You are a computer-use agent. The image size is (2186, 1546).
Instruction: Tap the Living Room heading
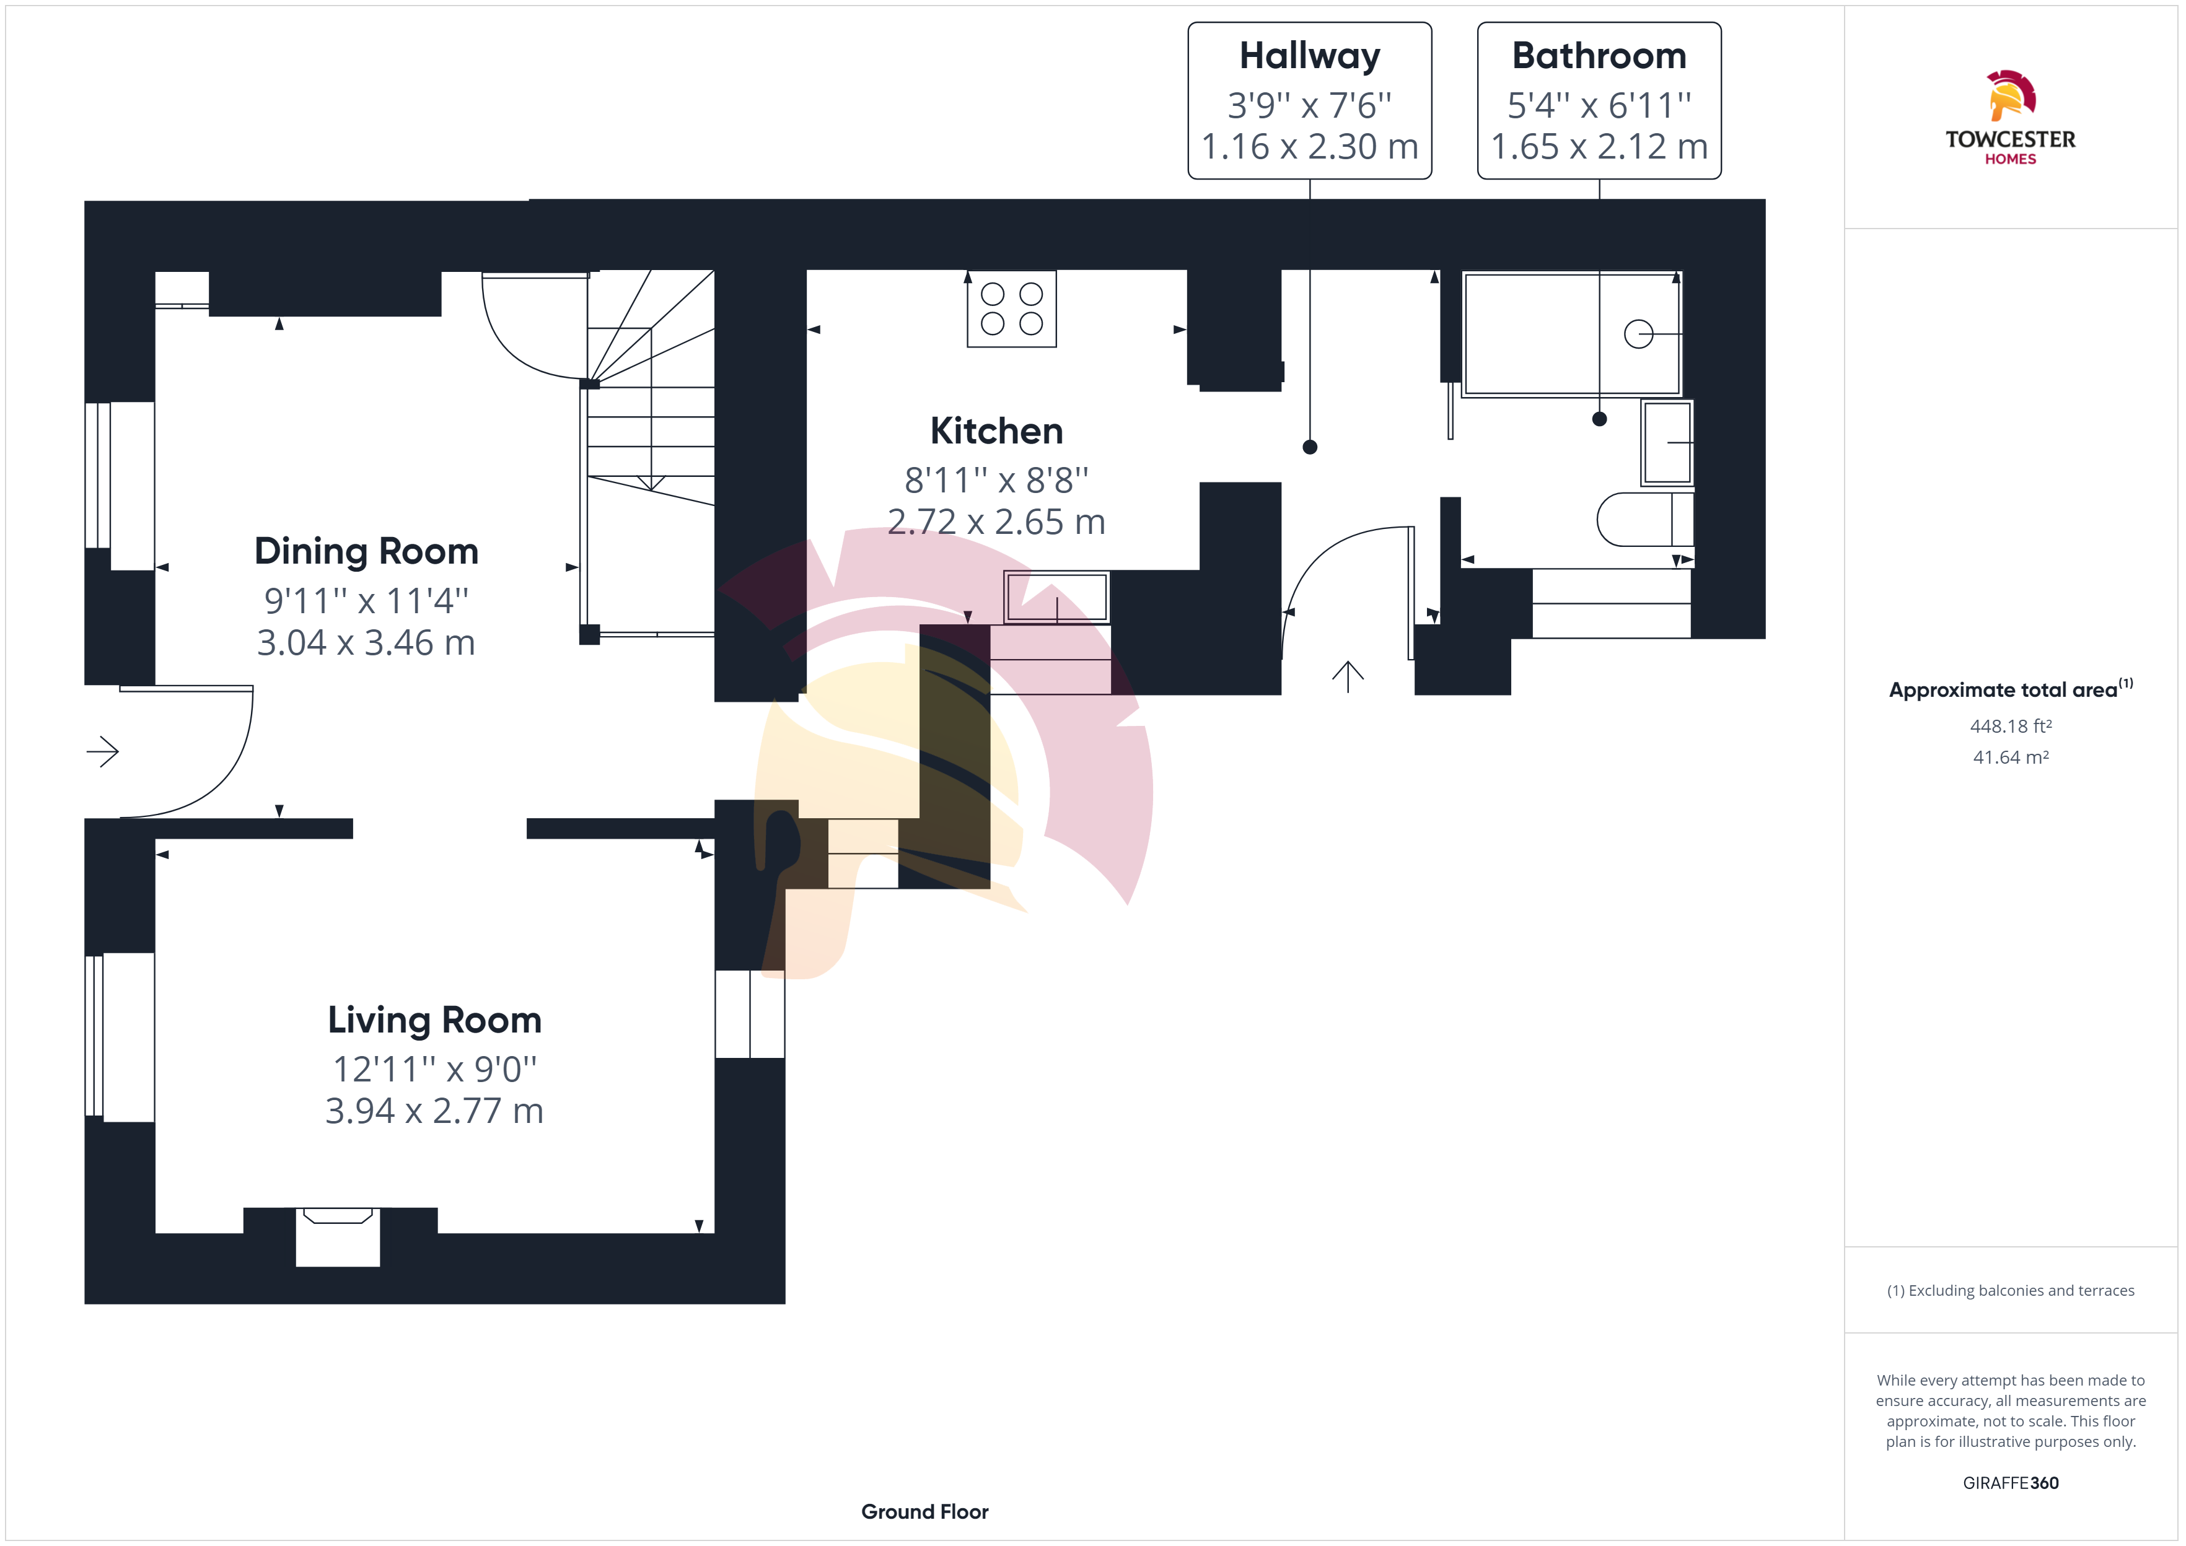[434, 1021]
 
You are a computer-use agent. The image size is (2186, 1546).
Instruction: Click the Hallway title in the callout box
[1309, 56]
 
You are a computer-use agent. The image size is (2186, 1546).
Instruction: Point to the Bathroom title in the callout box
[1599, 56]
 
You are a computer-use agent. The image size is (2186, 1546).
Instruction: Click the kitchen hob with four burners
[1011, 308]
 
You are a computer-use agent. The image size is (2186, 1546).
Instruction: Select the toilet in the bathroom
[1644, 519]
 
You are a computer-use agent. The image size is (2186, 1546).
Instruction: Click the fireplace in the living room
[338, 1236]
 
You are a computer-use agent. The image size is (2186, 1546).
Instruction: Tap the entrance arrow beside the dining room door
[103, 752]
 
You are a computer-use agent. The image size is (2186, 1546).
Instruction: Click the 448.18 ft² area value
[2010, 727]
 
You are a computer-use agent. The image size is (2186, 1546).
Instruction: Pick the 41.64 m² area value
[2010, 758]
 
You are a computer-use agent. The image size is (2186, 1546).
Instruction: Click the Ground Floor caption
[924, 1512]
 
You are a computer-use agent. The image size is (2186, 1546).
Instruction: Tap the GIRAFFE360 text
[2010, 1483]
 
